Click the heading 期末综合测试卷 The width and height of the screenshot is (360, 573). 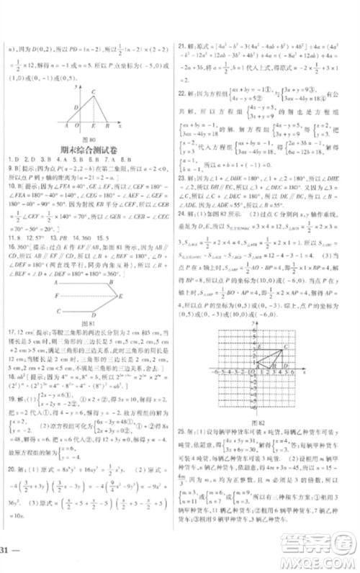click(x=90, y=150)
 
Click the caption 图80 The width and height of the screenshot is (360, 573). click(x=91, y=139)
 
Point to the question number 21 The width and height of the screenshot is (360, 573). click(x=184, y=45)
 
